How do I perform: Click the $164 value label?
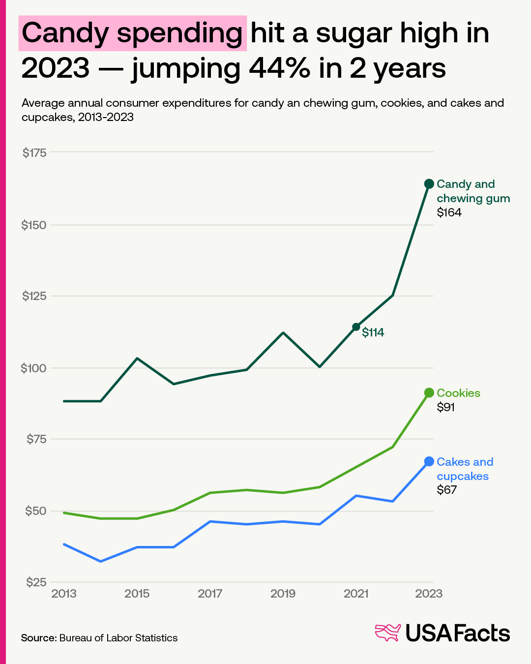point(449,212)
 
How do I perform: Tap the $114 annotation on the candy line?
point(373,332)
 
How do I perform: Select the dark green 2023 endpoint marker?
point(429,184)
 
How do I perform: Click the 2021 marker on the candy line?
point(356,327)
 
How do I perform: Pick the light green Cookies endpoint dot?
point(429,392)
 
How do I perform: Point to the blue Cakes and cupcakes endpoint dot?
point(429,461)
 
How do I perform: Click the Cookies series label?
point(458,393)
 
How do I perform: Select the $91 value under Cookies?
point(445,407)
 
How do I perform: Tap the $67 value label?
point(446,490)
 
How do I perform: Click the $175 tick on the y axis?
point(34,153)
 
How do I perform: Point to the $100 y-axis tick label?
point(33,368)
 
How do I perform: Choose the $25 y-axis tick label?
point(36,582)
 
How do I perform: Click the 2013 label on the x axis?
point(64,594)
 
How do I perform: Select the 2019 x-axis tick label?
point(283,594)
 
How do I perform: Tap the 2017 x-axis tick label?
point(210,594)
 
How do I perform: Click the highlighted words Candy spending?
point(132,33)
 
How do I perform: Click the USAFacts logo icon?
point(388,633)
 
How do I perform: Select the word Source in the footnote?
point(38,638)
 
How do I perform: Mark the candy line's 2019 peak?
point(283,333)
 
